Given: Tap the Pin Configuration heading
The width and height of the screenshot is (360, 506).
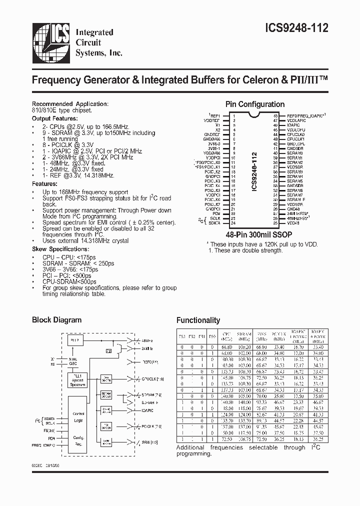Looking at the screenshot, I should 255,104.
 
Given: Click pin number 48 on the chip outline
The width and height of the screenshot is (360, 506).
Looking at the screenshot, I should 275,115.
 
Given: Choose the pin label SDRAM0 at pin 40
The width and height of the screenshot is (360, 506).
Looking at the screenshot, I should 294,152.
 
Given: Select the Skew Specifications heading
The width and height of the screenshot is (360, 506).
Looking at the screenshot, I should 59,248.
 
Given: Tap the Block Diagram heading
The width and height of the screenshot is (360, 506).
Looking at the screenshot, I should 56,320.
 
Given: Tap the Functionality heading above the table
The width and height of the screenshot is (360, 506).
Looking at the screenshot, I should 198,320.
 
